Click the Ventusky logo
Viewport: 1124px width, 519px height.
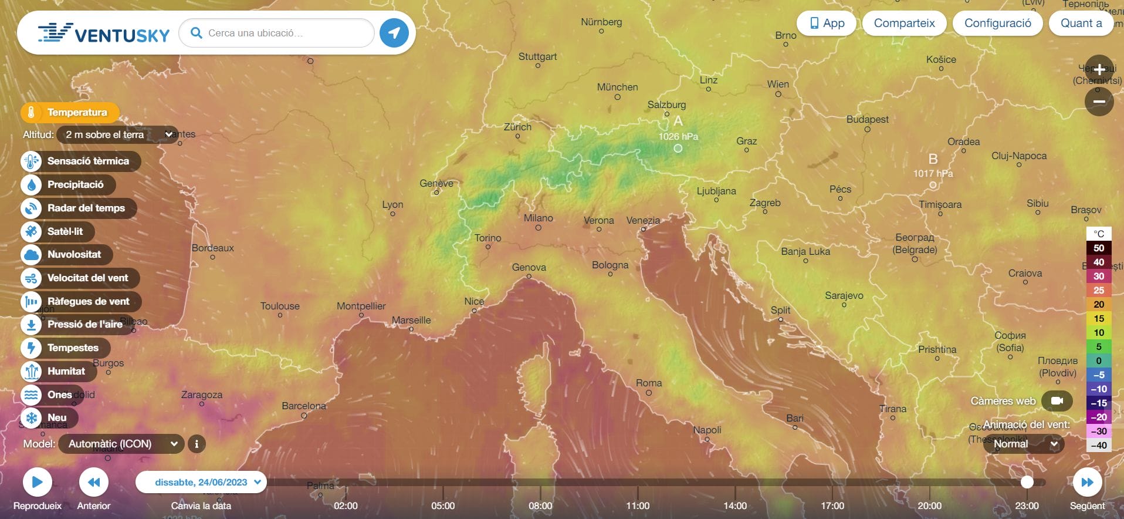104,33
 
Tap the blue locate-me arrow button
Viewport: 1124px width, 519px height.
394,33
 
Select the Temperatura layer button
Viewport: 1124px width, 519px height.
70,112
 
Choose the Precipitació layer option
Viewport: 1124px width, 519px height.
69,184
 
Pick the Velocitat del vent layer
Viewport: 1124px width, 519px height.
80,278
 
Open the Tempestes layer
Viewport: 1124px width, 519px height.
66,348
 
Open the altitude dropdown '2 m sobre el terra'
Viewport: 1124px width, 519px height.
117,134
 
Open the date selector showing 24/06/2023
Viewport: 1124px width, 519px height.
201,482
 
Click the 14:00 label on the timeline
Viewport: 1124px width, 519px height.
735,505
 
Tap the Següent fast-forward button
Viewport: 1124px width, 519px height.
1087,483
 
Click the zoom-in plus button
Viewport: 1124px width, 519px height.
1099,69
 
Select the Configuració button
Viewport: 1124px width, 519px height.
997,23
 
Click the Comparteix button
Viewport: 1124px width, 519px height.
904,23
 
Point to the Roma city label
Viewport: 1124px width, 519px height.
649,383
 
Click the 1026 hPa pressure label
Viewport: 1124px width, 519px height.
678,136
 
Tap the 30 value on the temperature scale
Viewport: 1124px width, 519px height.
1099,276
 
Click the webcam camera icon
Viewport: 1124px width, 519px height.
1057,401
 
